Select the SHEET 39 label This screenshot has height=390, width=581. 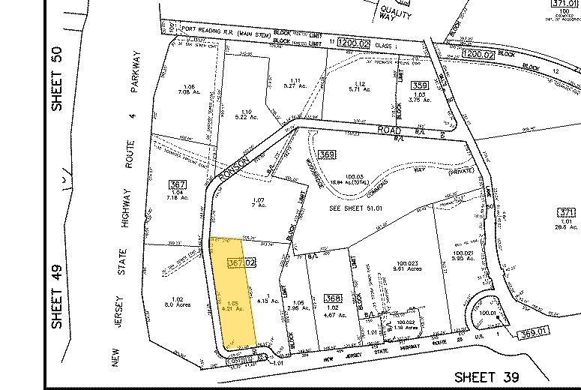click(488, 376)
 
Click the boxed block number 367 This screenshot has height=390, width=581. click(178, 185)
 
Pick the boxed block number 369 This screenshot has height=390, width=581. click(325, 155)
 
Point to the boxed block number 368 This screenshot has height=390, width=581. click(332, 298)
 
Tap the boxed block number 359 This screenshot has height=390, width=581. click(420, 85)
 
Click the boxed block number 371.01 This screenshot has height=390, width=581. click(562, 4)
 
